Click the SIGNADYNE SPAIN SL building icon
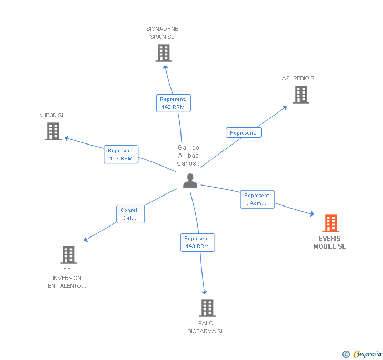point(164,53)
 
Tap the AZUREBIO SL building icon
point(300,95)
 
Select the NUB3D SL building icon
point(53,131)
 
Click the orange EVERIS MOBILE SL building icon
point(330,223)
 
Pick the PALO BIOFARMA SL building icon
point(207,308)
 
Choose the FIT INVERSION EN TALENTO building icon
point(68,255)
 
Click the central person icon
point(190,181)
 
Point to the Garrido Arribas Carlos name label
point(188,156)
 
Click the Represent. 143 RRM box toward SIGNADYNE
point(173,103)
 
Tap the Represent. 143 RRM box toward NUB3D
point(121,155)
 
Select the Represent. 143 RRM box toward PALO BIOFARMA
point(197,242)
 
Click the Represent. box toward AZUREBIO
point(244,133)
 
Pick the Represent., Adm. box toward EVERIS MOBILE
point(257,199)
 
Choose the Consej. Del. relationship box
point(129,214)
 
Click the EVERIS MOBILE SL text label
point(329,242)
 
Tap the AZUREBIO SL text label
point(299,78)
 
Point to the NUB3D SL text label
point(52,115)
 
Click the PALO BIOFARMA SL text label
point(206,327)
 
